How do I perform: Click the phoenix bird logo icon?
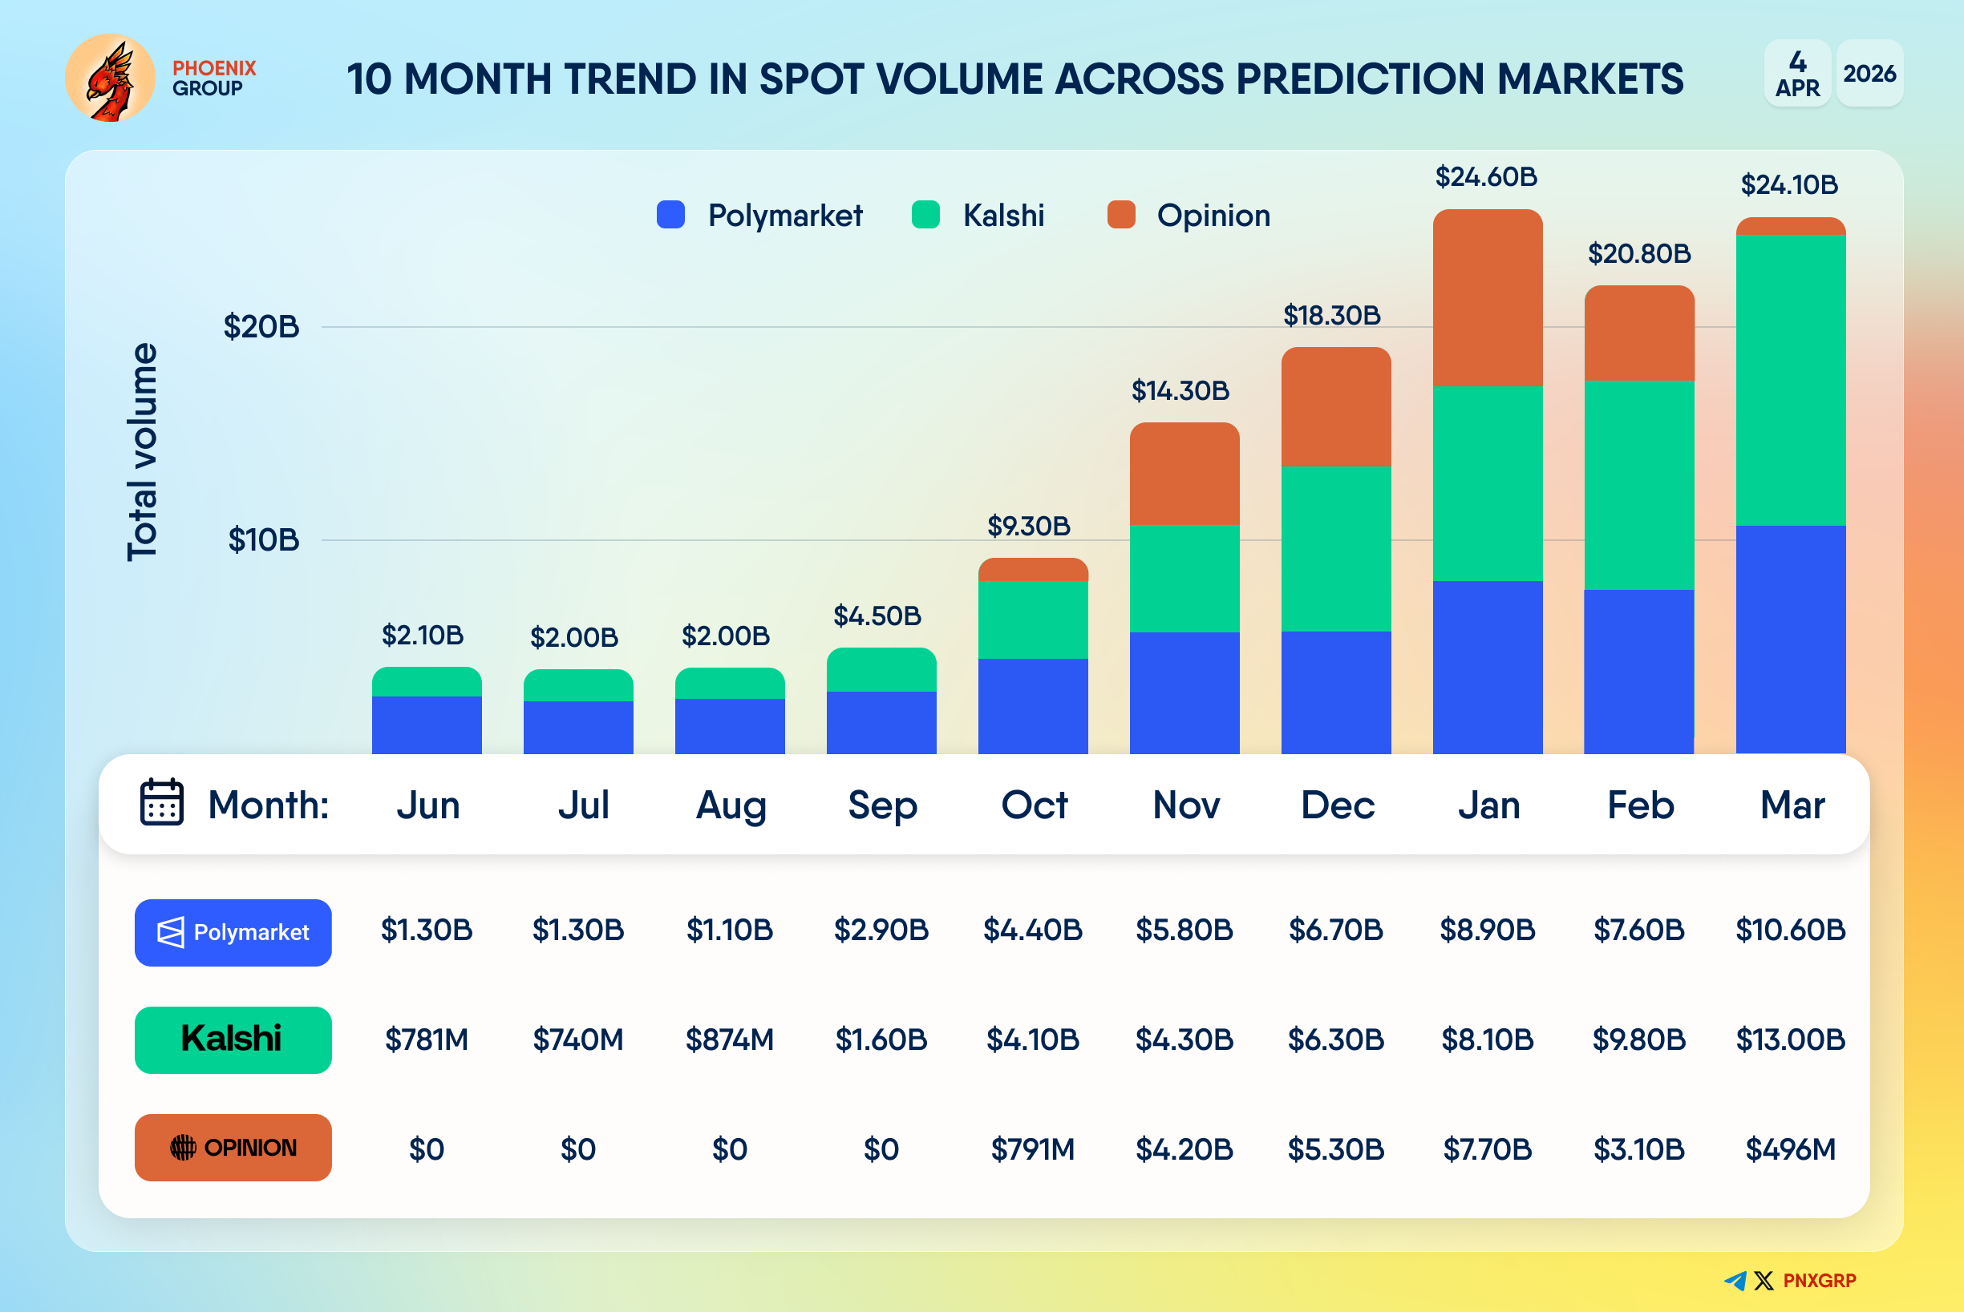(110, 78)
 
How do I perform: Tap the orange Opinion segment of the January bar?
(1488, 298)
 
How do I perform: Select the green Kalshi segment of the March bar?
(1791, 380)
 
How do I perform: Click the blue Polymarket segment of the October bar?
(1033, 706)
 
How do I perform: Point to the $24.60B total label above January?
(1486, 177)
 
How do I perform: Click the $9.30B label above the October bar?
(1029, 527)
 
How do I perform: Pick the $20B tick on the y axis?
(261, 326)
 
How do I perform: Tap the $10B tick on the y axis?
(264, 539)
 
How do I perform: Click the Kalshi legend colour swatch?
(925, 215)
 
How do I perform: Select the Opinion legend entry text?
(1213, 216)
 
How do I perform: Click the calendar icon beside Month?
(161, 802)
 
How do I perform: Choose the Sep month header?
(882, 805)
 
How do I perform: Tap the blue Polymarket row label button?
(233, 932)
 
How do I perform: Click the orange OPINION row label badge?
(233, 1147)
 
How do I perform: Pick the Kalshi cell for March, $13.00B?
(1790, 1040)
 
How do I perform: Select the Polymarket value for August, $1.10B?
(729, 931)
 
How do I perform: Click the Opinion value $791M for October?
(1032, 1149)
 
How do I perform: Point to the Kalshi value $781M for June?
(426, 1040)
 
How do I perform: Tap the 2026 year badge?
(1869, 74)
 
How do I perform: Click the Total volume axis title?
(142, 452)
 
